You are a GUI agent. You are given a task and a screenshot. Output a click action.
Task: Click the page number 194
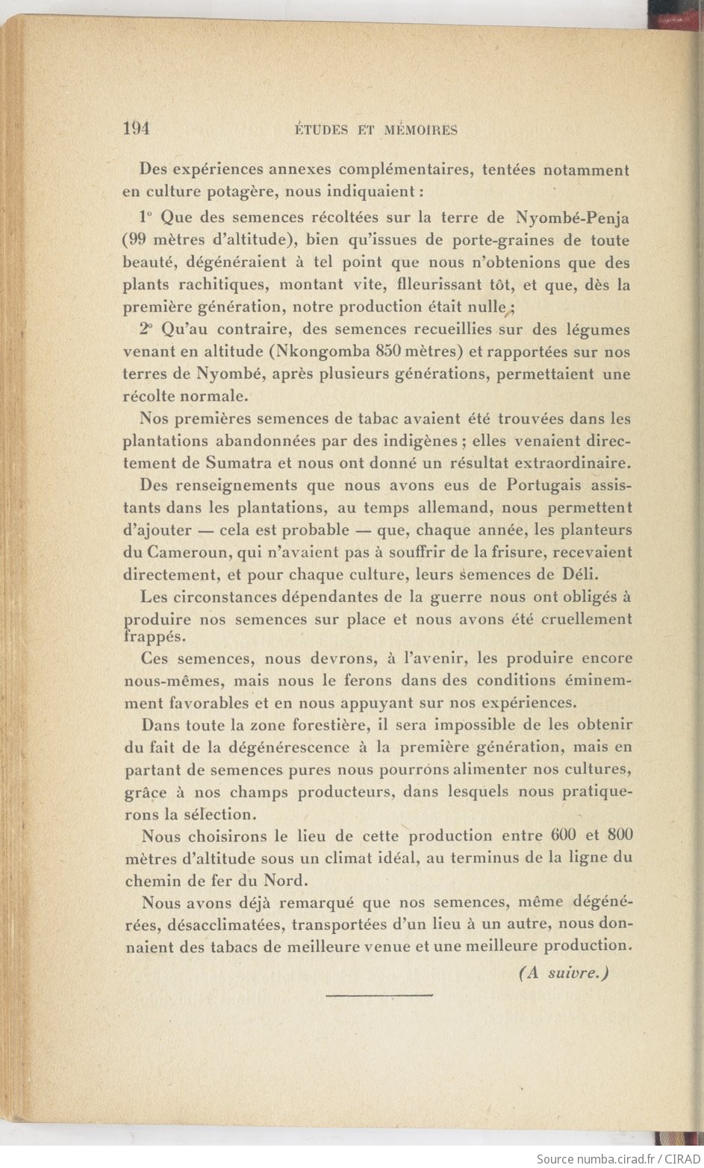pyautogui.click(x=137, y=128)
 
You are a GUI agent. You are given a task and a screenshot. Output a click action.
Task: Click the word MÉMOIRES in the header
pyautogui.click(x=420, y=130)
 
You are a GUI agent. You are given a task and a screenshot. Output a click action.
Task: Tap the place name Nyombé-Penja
pyautogui.click(x=573, y=218)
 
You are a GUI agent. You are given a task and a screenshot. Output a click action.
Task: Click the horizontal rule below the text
pyautogui.click(x=380, y=995)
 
